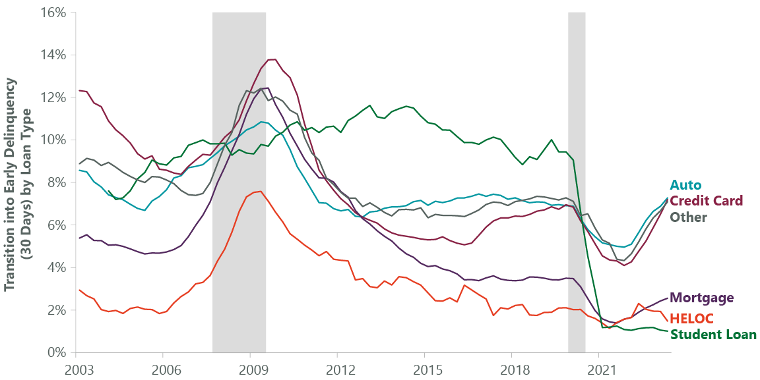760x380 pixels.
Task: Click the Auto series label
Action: (x=685, y=185)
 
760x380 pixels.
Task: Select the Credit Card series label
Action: (x=706, y=200)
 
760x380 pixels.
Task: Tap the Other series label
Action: (x=689, y=217)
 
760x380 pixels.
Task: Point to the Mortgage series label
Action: (x=701, y=298)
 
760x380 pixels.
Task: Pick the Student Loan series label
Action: (x=713, y=334)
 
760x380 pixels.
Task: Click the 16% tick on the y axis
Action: (x=52, y=13)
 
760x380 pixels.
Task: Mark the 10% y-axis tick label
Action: (x=52, y=140)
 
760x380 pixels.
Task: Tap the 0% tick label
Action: (x=55, y=352)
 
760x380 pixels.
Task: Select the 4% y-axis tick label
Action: (x=55, y=267)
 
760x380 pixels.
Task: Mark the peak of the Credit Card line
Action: (x=272, y=59)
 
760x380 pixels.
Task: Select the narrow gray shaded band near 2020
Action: (x=577, y=182)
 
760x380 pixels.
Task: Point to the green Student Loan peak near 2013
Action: (x=370, y=105)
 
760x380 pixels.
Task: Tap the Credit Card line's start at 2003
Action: (x=79, y=90)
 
